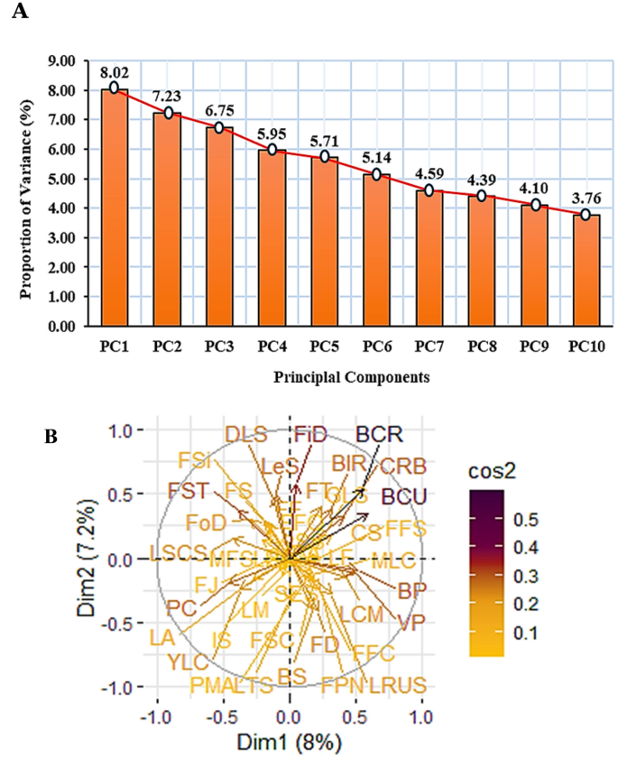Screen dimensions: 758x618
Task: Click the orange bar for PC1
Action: click(114, 208)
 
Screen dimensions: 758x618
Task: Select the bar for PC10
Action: click(585, 271)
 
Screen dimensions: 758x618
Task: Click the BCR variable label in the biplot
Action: click(378, 434)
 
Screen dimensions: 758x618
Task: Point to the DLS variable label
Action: click(246, 434)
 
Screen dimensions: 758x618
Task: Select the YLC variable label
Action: click(188, 661)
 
